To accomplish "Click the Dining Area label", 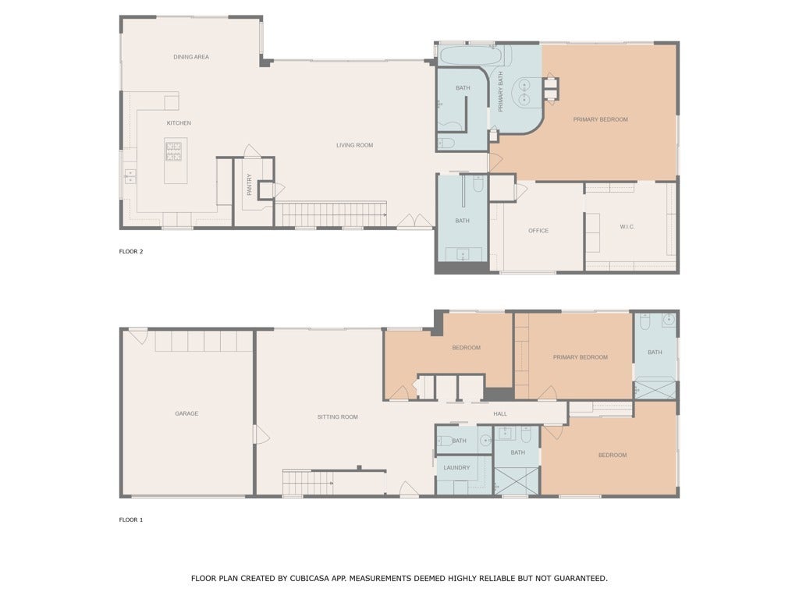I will tap(191, 57).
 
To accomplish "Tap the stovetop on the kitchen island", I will tap(173, 151).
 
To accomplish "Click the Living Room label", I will tap(354, 145).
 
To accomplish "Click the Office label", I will tap(538, 231).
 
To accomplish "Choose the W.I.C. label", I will tap(627, 227).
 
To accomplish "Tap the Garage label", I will tap(186, 413).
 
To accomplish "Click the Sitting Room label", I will tap(338, 417).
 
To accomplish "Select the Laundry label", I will tap(456, 468).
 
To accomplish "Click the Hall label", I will tap(500, 414).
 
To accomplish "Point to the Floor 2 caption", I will tap(131, 251).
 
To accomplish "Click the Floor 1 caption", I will tap(131, 519).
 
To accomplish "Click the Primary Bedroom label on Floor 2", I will tap(600, 119).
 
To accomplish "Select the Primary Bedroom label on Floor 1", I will tap(580, 357).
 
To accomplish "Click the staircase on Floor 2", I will tap(333, 214).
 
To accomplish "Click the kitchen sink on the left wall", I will tap(129, 176).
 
